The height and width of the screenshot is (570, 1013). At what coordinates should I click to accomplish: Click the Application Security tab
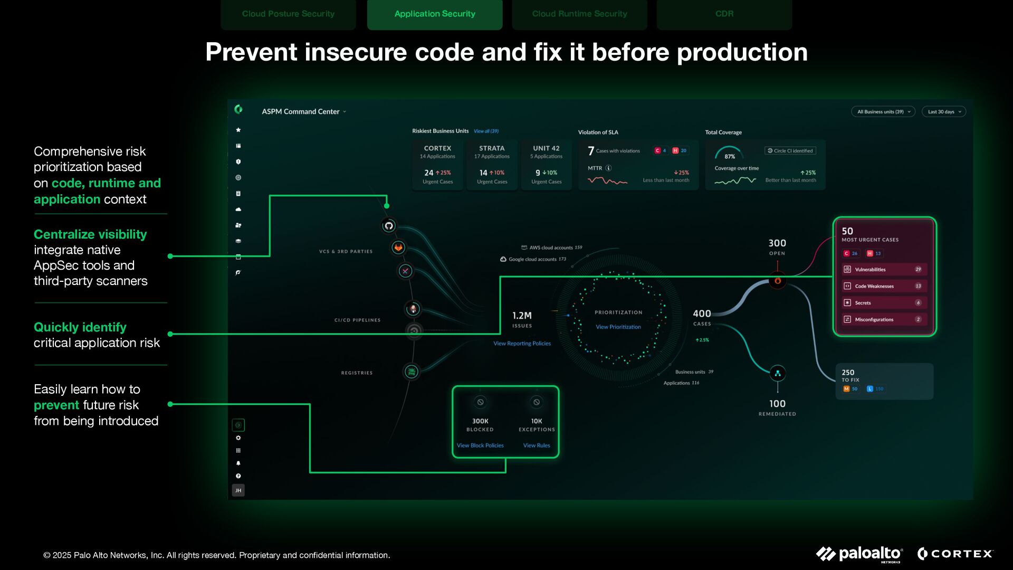[434, 14]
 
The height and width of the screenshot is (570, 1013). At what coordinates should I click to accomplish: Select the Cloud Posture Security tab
[288, 14]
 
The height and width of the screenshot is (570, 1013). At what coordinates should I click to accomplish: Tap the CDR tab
[724, 14]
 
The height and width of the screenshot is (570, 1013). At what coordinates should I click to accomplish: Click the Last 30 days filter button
[943, 111]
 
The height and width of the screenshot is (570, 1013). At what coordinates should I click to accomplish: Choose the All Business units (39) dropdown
[883, 111]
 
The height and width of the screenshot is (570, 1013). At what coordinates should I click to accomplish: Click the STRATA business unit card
[492, 164]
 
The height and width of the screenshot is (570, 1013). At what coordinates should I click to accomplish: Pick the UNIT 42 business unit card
[546, 164]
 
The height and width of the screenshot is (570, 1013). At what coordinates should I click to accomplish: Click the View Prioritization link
[618, 327]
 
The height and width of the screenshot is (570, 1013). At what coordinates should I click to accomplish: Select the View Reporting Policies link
[522, 344]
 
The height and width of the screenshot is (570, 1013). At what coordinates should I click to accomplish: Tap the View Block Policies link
[480, 445]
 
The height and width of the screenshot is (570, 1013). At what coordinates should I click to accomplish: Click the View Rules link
[537, 445]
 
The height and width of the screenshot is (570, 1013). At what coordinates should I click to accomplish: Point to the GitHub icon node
[389, 226]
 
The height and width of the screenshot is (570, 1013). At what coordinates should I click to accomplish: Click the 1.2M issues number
[522, 316]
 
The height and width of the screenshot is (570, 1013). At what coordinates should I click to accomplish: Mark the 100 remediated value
[777, 404]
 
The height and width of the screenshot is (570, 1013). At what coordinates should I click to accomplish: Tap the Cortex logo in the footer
[955, 554]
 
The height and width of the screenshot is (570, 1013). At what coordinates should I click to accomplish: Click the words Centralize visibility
[90, 234]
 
